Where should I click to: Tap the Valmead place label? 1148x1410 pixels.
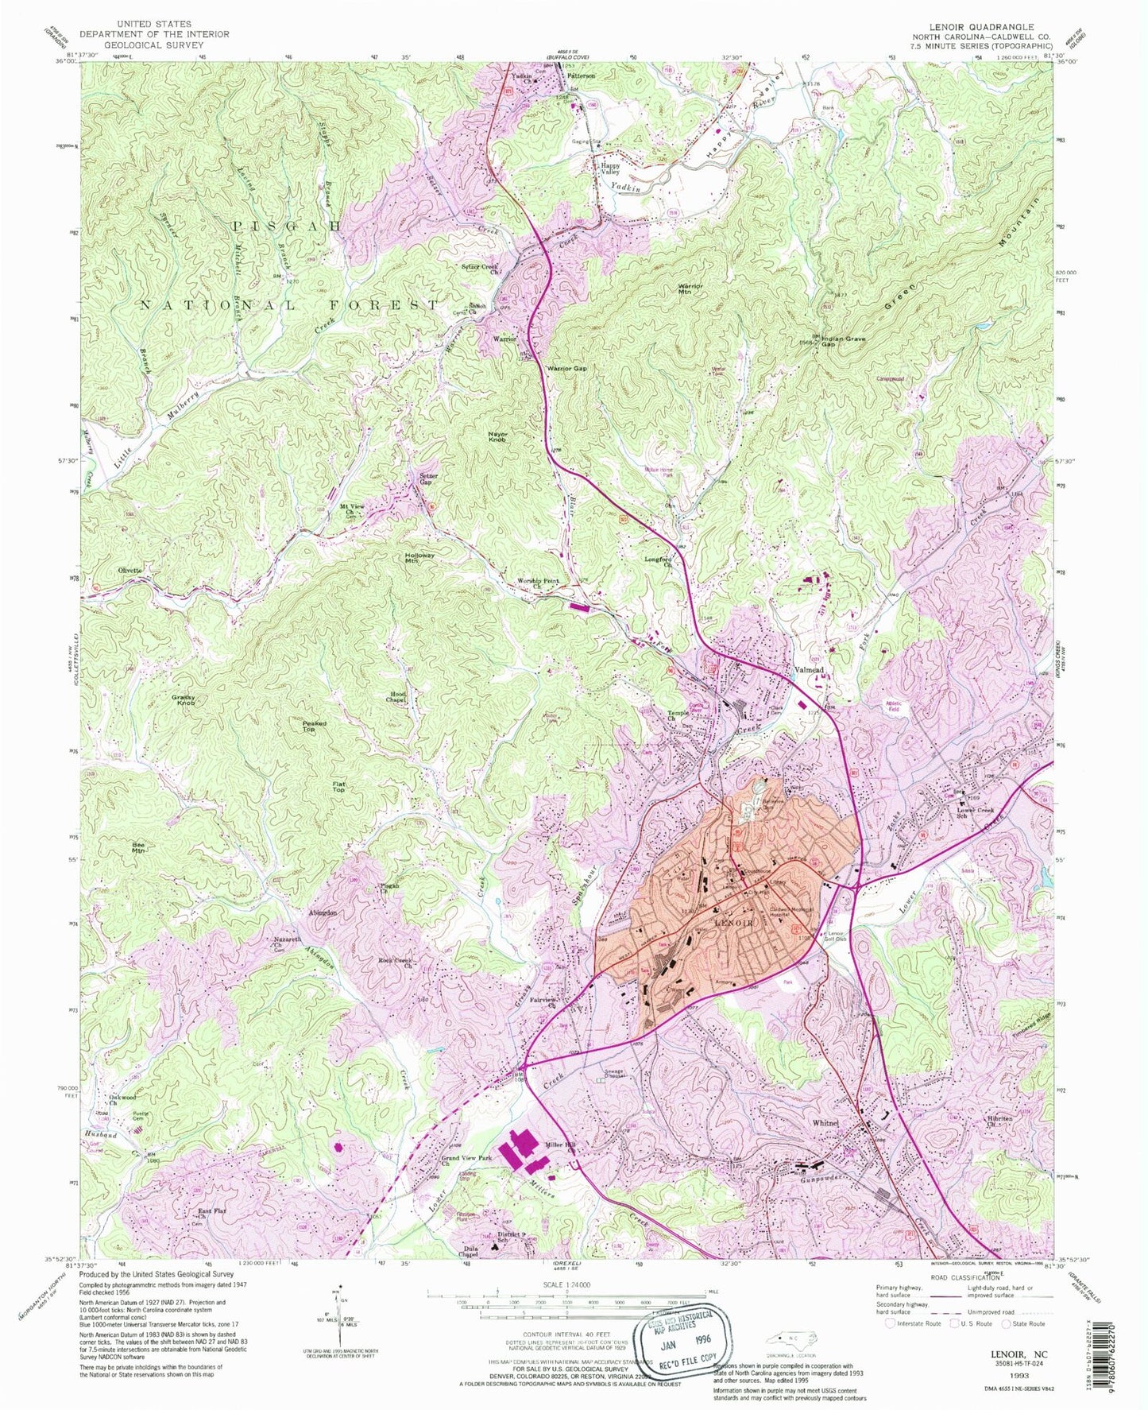click(814, 669)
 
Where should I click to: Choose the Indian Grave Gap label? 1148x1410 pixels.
click(843, 342)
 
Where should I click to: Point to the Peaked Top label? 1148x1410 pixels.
click(315, 726)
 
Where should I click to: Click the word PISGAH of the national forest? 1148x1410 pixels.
click(287, 227)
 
